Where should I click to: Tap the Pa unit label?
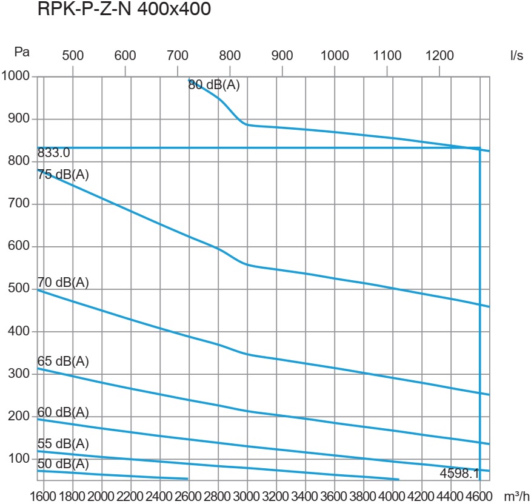click(22, 52)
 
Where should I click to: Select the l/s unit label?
click(516, 55)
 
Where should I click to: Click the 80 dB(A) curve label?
click(214, 86)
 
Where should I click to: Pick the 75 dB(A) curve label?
click(63, 175)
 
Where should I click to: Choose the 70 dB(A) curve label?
click(63, 282)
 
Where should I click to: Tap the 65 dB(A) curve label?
click(63, 361)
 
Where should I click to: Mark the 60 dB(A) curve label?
click(63, 412)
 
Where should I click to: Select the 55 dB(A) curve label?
click(63, 443)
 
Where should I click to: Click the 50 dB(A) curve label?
click(63, 464)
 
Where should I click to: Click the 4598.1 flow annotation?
click(459, 472)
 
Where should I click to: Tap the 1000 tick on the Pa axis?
click(16, 76)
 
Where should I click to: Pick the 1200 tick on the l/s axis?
click(439, 55)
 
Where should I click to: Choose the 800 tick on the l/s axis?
click(230, 55)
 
